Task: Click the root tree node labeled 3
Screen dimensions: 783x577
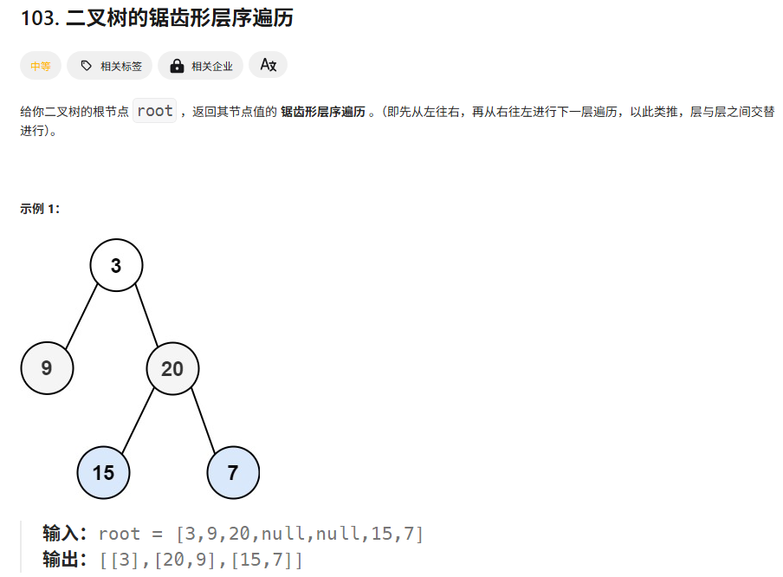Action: coord(116,265)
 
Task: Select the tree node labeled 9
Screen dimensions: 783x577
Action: coord(47,368)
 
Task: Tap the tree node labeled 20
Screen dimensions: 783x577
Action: coord(172,369)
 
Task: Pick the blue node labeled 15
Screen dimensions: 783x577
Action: coord(103,473)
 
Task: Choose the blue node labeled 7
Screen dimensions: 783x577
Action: coord(233,473)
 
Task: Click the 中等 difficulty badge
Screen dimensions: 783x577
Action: coord(41,66)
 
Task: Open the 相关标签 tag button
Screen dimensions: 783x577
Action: coord(111,66)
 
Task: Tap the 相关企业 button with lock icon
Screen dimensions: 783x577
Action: coord(201,66)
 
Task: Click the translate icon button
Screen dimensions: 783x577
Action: coord(268,65)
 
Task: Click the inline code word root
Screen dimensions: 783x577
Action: coord(155,111)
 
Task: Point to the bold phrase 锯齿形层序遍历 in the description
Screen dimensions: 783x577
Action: coord(323,112)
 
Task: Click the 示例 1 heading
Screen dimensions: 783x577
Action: coord(40,209)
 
